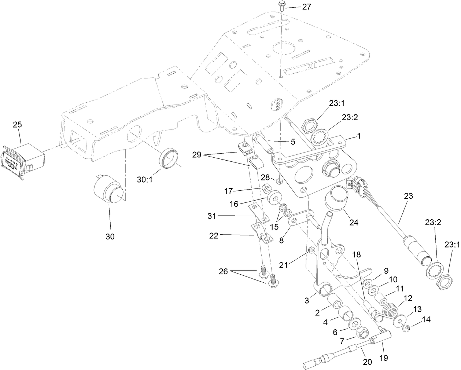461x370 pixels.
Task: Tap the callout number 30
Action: coord(110,237)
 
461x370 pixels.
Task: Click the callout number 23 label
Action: coord(408,196)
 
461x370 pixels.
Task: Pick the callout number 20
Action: coord(367,362)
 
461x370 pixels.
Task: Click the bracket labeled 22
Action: coord(263,235)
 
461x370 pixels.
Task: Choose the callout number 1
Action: coord(359,136)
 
